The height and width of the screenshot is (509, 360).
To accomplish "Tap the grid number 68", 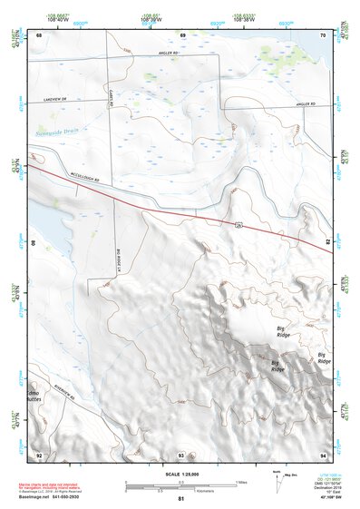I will [39, 34].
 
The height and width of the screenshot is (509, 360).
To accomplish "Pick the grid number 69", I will [182, 34].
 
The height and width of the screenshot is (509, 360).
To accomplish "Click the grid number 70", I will [325, 34].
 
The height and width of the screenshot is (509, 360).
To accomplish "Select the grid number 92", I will [39, 454].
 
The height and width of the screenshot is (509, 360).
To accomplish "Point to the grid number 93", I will [181, 455].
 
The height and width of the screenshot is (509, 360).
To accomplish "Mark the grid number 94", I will [325, 454].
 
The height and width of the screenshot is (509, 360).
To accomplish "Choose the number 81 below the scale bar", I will [181, 500].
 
